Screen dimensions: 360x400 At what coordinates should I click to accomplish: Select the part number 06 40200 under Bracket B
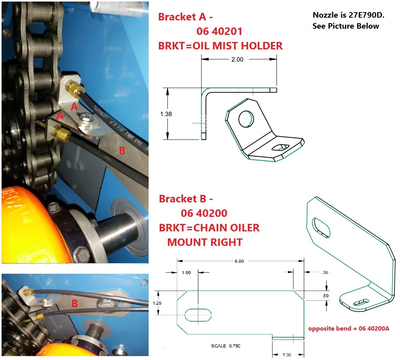pos(204,214)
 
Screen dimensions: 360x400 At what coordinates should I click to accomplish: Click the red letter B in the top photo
pos(122,150)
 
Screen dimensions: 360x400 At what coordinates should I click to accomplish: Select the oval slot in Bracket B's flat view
pos(198,315)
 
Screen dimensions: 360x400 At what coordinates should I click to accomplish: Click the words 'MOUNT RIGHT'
pos(204,242)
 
